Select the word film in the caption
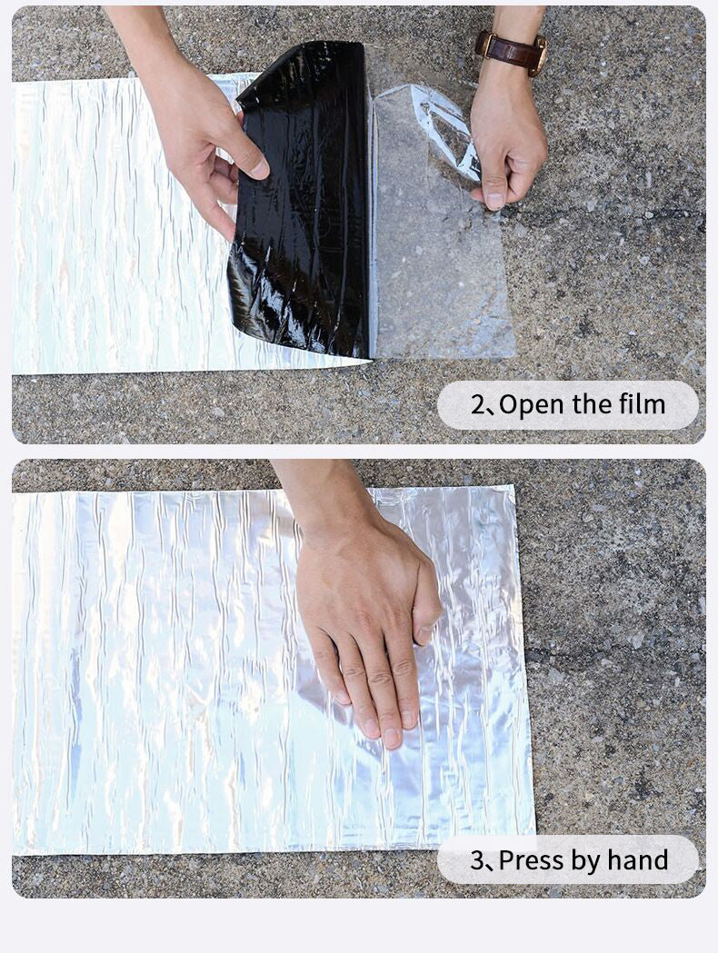(641, 405)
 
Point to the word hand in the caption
(638, 859)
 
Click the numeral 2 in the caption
(478, 405)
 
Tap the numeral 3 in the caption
(478, 859)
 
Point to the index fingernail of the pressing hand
(392, 738)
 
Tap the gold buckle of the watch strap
(540, 55)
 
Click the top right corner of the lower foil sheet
(514, 488)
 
